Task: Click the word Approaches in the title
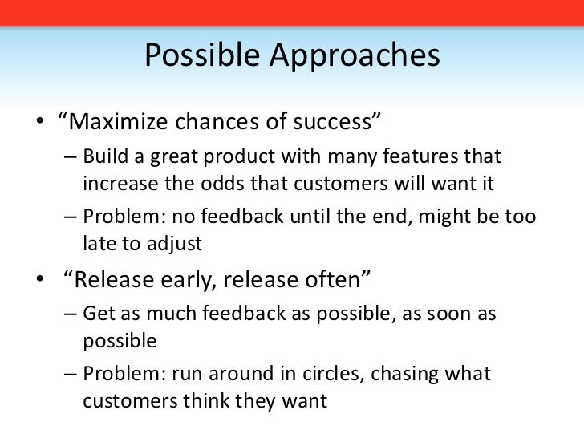coord(355,56)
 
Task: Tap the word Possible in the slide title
coord(202,55)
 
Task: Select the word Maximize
coord(119,121)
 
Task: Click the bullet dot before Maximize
coord(40,121)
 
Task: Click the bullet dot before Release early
coord(40,278)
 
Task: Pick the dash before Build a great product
coord(71,156)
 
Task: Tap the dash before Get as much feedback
coord(71,314)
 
